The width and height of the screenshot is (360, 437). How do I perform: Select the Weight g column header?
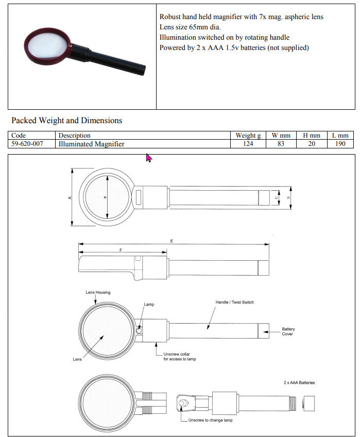248,136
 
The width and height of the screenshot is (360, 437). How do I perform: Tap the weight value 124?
248,144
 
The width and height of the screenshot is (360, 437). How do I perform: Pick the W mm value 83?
281,144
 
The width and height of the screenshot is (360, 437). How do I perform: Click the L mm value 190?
340,144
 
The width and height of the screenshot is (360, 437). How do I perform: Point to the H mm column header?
311,136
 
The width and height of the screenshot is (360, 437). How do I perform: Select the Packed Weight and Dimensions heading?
67,121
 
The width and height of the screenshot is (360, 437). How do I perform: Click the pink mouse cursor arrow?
149,157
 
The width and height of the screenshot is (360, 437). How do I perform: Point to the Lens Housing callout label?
97,292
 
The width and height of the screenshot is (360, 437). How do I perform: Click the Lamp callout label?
149,305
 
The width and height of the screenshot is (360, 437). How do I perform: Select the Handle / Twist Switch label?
234,302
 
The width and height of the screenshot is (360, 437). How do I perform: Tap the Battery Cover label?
288,331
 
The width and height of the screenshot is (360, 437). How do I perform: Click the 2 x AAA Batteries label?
299,383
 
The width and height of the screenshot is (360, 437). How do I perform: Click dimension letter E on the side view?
172,241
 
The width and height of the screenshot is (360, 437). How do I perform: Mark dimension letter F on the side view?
121,249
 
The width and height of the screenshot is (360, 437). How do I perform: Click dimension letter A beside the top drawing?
70,197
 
